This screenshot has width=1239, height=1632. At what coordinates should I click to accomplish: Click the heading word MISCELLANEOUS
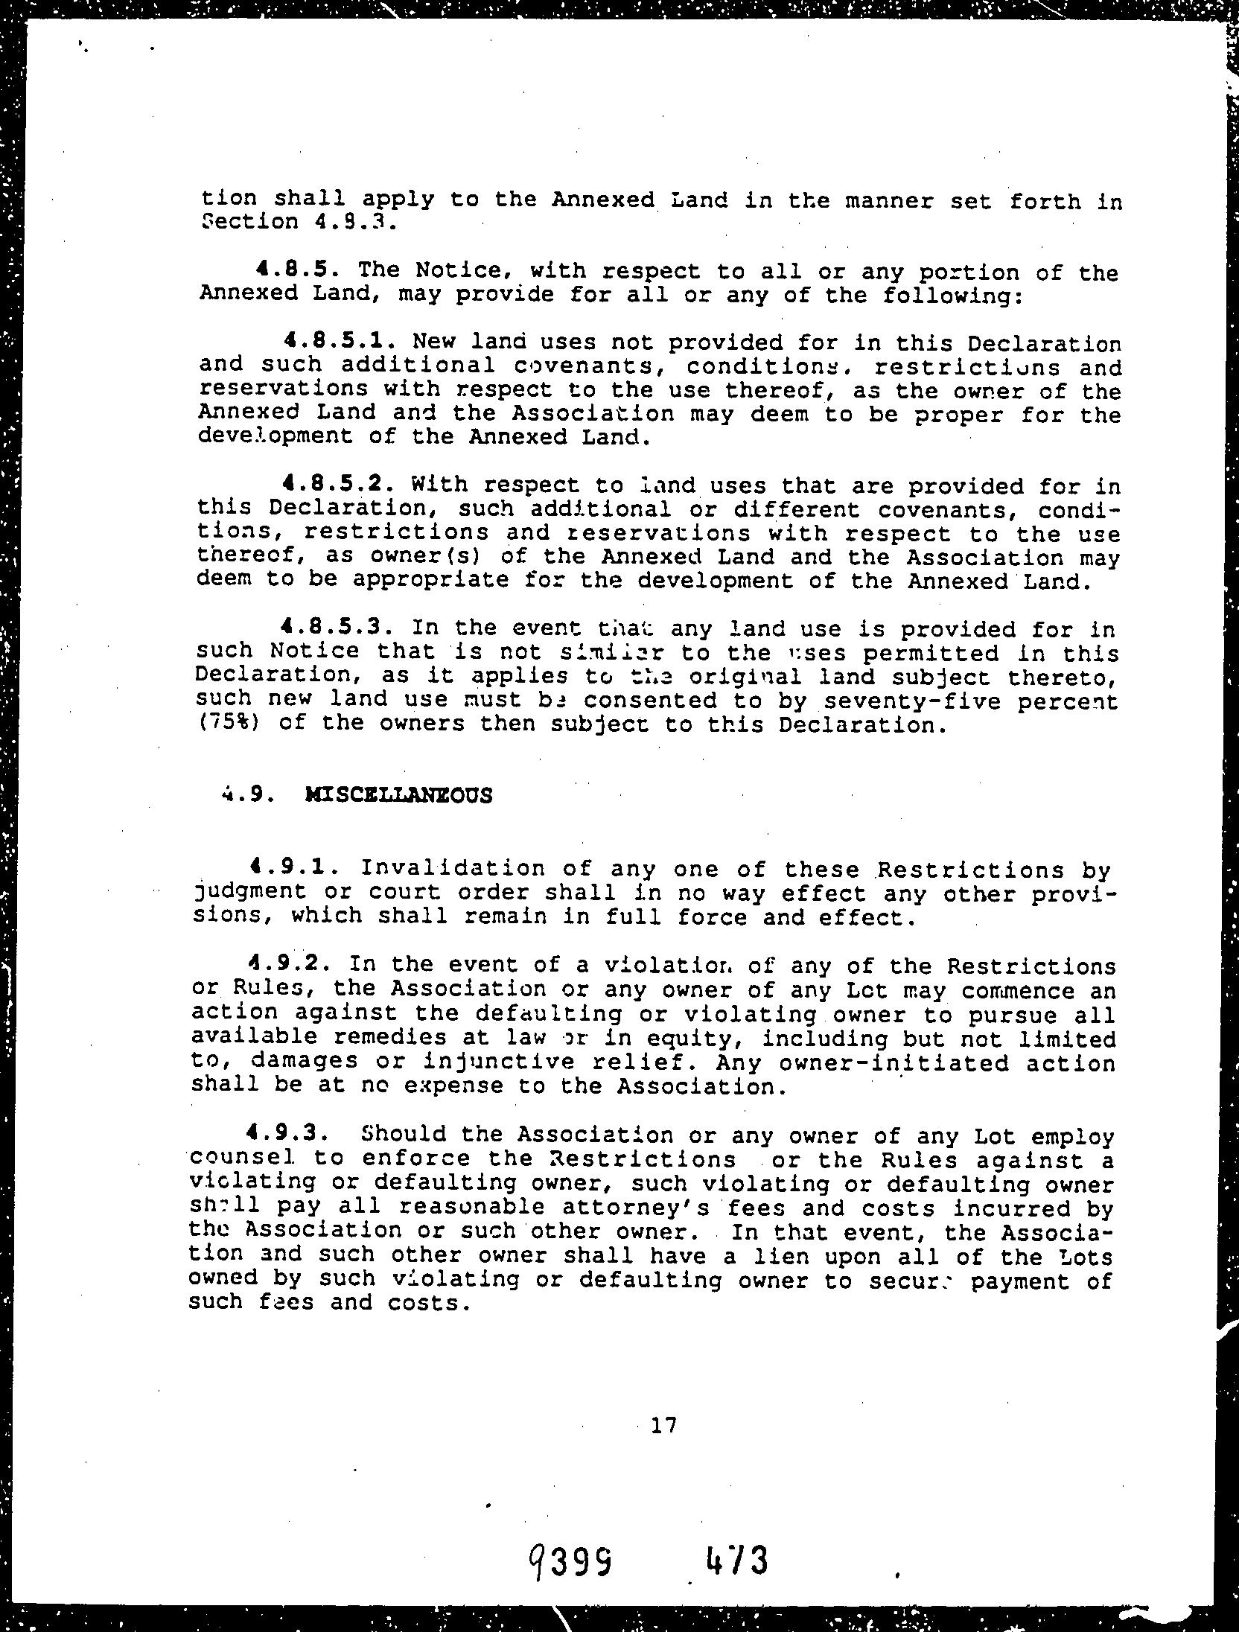398,795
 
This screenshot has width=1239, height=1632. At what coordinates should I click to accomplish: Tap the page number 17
663,1426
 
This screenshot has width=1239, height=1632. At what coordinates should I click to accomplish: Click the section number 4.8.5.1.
338,342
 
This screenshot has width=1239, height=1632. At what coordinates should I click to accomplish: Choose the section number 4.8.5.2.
338,485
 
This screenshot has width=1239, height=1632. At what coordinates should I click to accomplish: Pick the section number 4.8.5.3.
338,628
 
